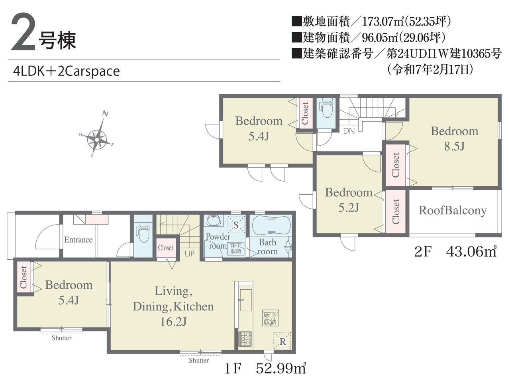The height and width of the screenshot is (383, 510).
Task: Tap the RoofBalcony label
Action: click(x=453, y=211)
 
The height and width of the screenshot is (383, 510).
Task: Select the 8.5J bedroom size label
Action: click(x=454, y=147)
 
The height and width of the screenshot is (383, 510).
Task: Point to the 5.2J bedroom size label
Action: click(x=349, y=208)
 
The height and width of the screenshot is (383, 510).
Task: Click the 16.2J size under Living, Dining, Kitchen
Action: click(x=173, y=322)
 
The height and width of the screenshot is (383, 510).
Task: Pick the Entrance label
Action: click(x=78, y=240)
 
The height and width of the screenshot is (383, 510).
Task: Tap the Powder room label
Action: click(x=218, y=241)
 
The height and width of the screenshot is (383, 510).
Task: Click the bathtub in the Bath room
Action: click(x=271, y=225)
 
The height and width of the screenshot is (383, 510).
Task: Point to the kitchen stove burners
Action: click(x=245, y=339)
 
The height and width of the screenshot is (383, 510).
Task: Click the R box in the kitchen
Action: click(x=282, y=341)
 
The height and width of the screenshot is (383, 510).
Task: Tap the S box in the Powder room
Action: click(x=236, y=225)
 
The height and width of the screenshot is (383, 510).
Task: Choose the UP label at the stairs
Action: click(x=190, y=254)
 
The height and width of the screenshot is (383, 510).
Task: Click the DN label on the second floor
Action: click(x=349, y=131)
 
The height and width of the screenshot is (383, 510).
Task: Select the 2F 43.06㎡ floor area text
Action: click(x=455, y=251)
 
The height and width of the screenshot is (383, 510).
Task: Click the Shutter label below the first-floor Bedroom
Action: click(x=62, y=338)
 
